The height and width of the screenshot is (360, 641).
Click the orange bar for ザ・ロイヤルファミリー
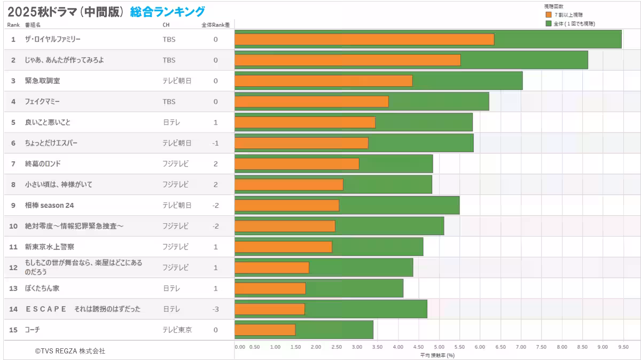pyautogui.click(x=364, y=39)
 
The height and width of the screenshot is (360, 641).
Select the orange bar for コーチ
pyautogui.click(x=265, y=330)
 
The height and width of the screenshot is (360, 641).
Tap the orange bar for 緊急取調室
pyautogui.click(x=323, y=81)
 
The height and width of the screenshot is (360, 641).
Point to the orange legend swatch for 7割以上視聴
pyautogui.click(x=548, y=15)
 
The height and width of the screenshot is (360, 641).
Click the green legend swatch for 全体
pyautogui.click(x=548, y=24)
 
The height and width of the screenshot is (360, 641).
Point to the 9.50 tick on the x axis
pyautogui.click(x=623, y=347)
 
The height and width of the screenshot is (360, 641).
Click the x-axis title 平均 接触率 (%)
pyautogui.click(x=437, y=355)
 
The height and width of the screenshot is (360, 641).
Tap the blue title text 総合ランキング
pyautogui.click(x=167, y=11)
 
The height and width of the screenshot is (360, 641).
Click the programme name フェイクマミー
pyautogui.click(x=42, y=101)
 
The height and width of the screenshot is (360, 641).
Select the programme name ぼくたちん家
pyautogui.click(x=42, y=288)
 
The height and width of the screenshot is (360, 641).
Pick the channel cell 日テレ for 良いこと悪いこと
pyautogui.click(x=171, y=122)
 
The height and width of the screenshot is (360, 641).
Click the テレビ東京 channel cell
pyautogui.click(x=177, y=330)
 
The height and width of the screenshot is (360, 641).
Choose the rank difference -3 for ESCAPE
pyautogui.click(x=215, y=309)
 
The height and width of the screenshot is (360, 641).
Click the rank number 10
pyautogui.click(x=13, y=226)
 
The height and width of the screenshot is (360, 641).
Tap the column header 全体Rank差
pyautogui.click(x=215, y=25)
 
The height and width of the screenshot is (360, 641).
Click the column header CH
pyautogui.click(x=166, y=25)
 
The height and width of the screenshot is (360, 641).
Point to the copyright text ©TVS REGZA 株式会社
pyautogui.click(x=70, y=351)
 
